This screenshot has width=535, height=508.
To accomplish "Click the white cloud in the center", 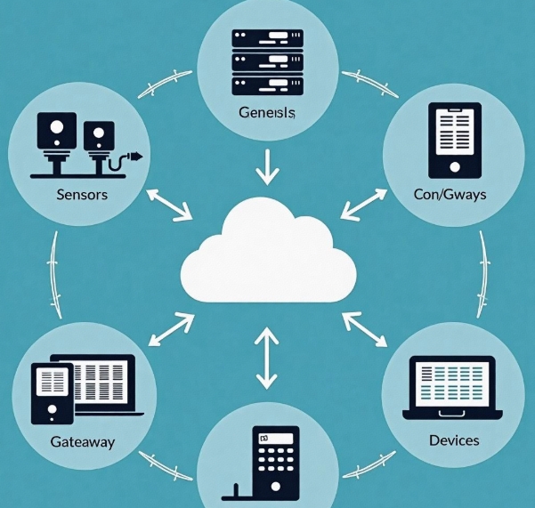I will (267, 254).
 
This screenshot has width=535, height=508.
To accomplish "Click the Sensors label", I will (82, 194).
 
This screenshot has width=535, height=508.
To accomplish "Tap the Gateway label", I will (83, 441).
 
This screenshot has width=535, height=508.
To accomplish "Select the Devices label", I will (454, 440).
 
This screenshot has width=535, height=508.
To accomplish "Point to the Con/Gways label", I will (450, 194).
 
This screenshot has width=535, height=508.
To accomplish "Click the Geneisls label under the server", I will (267, 113).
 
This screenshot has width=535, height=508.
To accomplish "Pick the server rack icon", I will (267, 61).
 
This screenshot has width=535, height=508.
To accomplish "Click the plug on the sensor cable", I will (134, 159).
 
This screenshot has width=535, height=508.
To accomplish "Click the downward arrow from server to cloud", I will (267, 168).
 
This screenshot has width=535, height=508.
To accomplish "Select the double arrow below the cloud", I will (267, 359).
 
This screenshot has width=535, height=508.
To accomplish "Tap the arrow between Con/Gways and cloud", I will (366, 203).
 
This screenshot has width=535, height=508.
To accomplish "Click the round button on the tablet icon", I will (455, 166).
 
